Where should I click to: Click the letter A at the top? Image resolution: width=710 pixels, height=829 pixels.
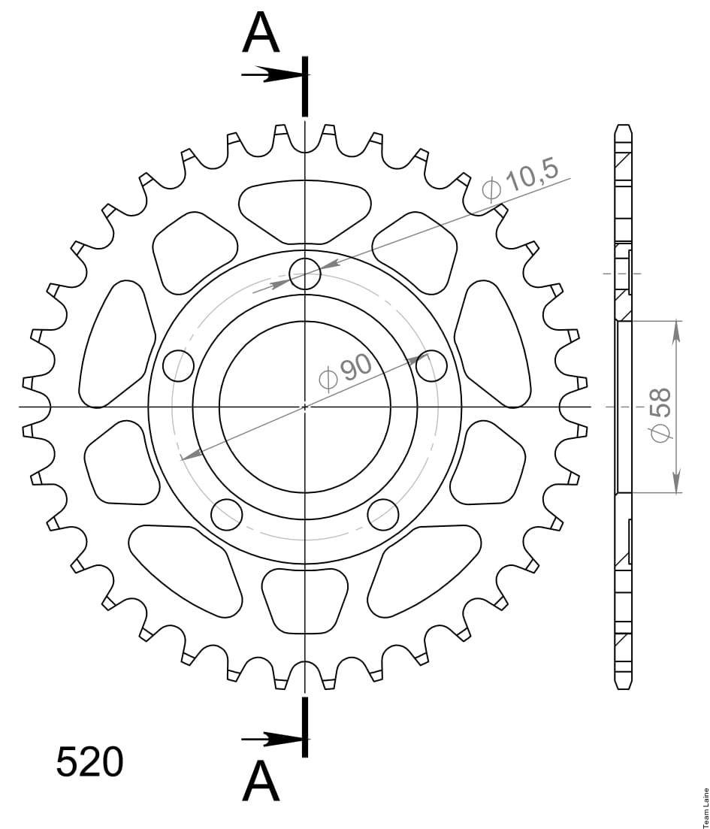coord(261,33)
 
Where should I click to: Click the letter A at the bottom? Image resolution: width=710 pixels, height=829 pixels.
coord(261,782)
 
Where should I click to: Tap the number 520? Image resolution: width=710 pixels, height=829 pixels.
coord(89,762)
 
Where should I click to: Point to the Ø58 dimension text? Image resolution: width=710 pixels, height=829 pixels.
coord(661,415)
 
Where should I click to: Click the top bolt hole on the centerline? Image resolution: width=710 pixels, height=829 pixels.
coord(305,274)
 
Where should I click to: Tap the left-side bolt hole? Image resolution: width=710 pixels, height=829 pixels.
coord(179,365)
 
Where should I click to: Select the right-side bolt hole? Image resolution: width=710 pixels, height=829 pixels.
coord(431,365)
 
